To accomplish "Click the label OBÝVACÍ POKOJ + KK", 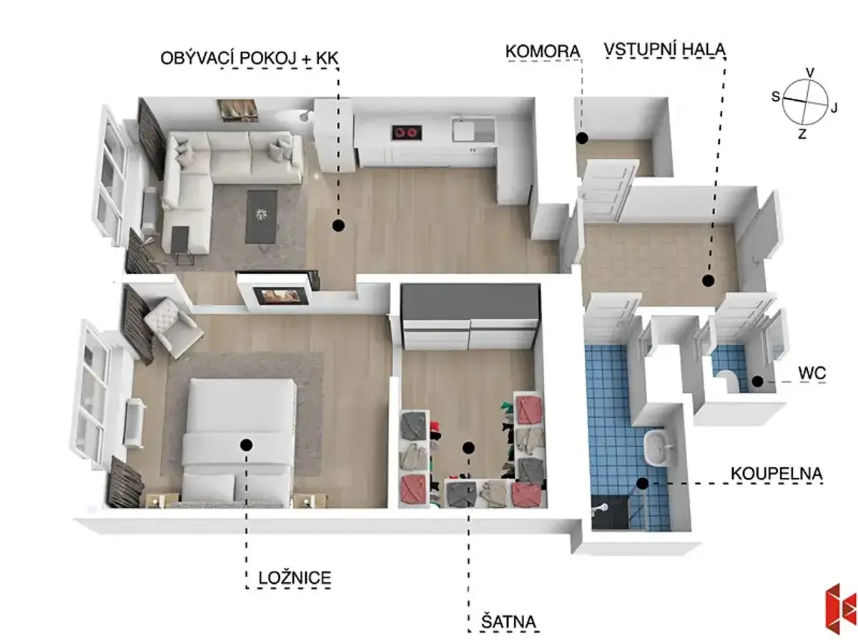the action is (x=249, y=58).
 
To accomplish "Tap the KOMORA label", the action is (x=543, y=52).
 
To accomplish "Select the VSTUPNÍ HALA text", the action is (x=664, y=49).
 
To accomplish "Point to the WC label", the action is (x=812, y=374).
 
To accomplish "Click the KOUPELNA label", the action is (x=776, y=474).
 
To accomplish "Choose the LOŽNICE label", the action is (x=295, y=578).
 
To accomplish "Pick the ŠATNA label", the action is (x=508, y=622).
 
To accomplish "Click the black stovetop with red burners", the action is (x=407, y=132).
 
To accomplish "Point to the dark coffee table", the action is (x=262, y=216).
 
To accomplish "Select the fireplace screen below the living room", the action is (x=277, y=296).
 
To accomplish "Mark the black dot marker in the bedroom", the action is (x=246, y=444).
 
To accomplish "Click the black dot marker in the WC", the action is (x=757, y=381).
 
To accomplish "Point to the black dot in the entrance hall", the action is (x=708, y=280).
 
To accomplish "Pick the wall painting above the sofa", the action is (x=238, y=111).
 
